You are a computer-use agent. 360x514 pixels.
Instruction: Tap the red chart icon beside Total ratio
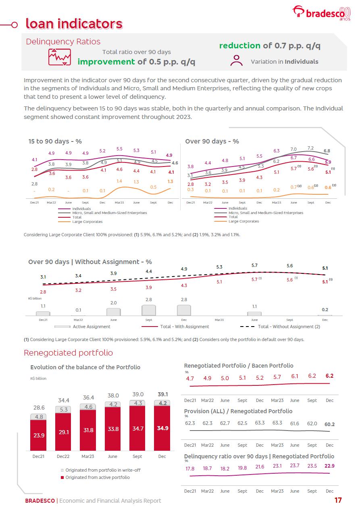pyautogui.click(x=59, y=57)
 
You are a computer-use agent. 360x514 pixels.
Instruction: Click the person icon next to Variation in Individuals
pyautogui.click(x=236, y=60)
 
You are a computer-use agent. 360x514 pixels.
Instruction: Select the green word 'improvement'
pyautogui.click(x=106, y=62)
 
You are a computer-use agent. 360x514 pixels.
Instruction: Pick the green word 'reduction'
pyautogui.click(x=239, y=46)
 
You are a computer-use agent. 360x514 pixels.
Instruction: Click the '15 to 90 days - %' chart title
pyautogui.click(x=55, y=141)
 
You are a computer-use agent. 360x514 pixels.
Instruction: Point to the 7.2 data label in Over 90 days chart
pyautogui.click(x=310, y=148)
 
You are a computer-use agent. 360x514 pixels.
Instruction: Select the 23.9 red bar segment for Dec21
pyautogui.click(x=38, y=435)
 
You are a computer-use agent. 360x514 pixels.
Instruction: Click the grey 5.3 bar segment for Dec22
pyautogui.click(x=63, y=409)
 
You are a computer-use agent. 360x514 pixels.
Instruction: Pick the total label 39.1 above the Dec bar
pyautogui.click(x=162, y=394)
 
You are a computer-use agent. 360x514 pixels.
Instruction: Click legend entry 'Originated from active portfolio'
pyautogui.click(x=98, y=477)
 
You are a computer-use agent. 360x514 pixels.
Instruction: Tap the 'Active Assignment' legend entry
pyautogui.click(x=91, y=327)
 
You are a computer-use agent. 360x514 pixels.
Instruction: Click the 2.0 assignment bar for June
pyautogui.click(x=113, y=312)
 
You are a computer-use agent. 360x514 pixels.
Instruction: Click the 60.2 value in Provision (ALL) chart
pyautogui.click(x=329, y=424)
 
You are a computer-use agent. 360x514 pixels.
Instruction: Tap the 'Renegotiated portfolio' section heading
pyautogui.click(x=68, y=353)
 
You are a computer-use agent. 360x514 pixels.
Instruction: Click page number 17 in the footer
pyautogui.click(x=338, y=500)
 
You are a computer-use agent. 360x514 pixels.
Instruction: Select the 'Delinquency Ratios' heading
pyautogui.click(x=63, y=42)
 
